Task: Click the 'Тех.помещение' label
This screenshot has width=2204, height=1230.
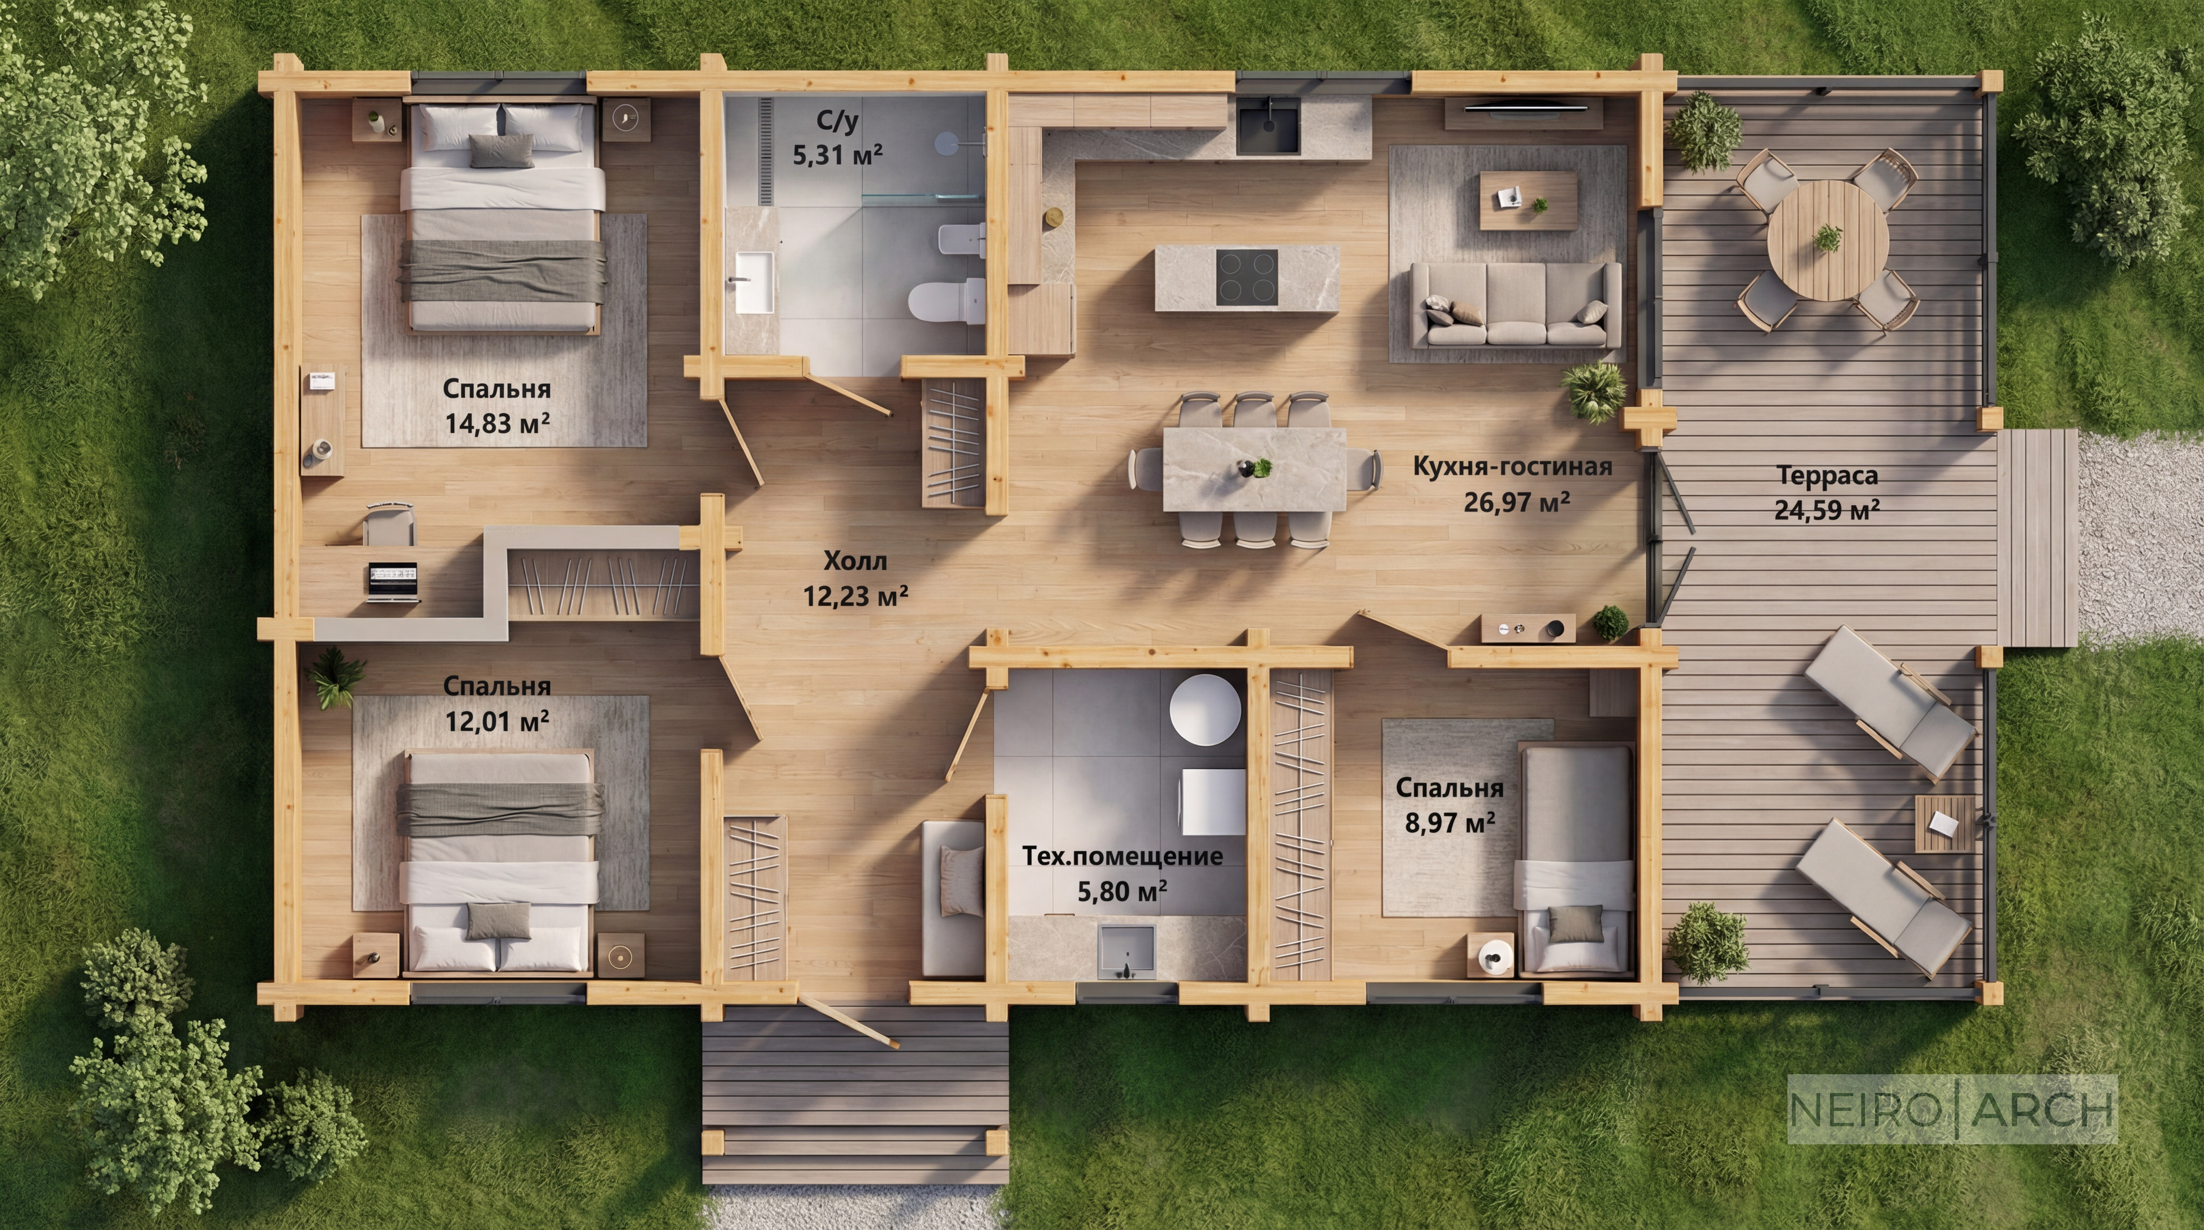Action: click(x=1122, y=856)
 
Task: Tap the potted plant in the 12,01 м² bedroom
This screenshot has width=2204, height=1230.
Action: click(x=336, y=676)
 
